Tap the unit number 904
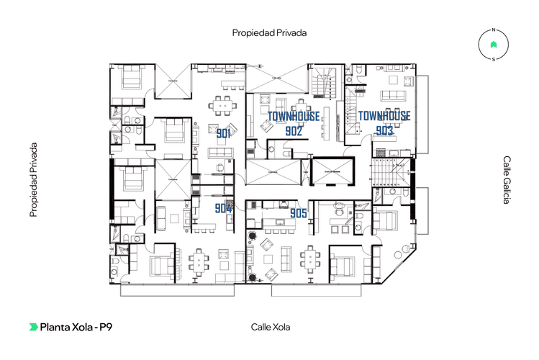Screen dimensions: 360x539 point(222,208)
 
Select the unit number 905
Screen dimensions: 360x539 point(299,213)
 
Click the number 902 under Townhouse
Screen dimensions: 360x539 point(293,131)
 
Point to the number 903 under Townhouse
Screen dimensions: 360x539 point(384,130)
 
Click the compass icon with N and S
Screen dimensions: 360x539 point(493,45)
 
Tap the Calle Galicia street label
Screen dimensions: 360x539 point(507,180)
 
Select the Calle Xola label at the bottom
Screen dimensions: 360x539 point(271,327)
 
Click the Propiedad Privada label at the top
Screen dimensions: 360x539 point(270,32)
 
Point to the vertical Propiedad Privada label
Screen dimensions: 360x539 point(33,180)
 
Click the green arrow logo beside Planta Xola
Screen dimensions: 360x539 point(33,327)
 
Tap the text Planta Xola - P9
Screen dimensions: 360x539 point(76,327)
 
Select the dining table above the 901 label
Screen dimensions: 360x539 point(223,106)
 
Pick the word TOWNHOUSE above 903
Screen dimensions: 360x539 point(384,115)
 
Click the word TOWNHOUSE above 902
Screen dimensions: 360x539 point(293,115)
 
